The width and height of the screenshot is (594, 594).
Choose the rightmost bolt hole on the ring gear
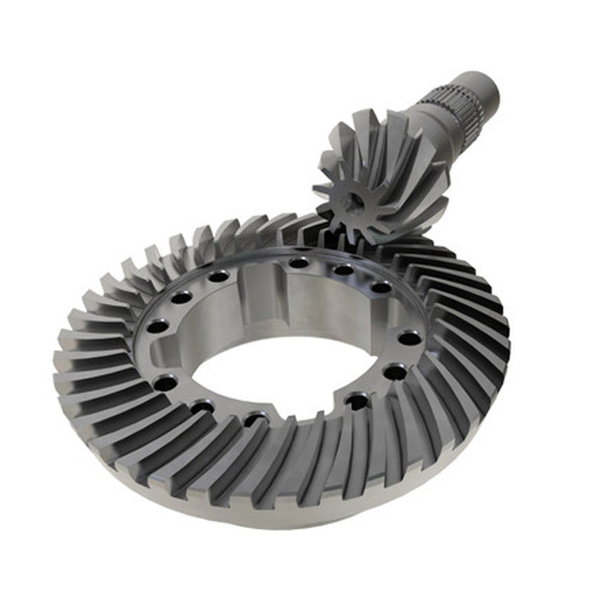(409, 337)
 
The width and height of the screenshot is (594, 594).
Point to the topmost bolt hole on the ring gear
(298, 262)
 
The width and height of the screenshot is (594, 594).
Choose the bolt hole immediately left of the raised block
(218, 276)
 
